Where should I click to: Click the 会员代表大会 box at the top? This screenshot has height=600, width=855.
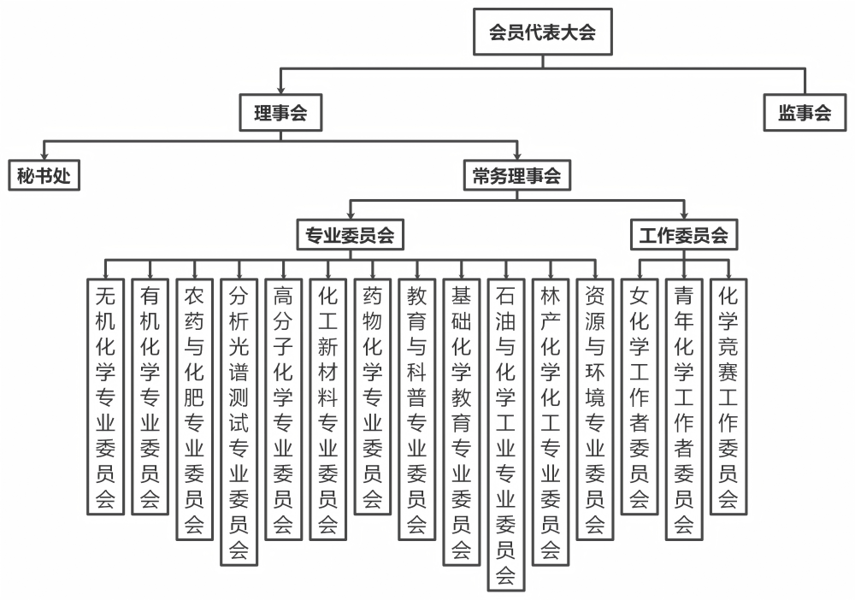[542, 32]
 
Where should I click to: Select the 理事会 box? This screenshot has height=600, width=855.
[280, 112]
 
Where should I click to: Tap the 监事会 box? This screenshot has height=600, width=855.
[805, 112]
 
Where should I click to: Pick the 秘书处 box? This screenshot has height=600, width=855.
[44, 176]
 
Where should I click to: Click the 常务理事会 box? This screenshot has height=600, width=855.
[516, 176]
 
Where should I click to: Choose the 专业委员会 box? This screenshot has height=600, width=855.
[350, 235]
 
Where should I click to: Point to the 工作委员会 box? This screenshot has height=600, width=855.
[683, 235]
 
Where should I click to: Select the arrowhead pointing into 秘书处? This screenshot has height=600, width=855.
[44, 155]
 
